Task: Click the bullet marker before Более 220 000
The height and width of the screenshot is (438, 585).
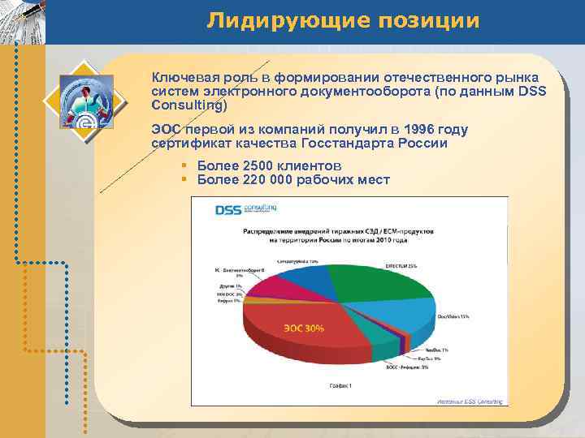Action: click(184, 179)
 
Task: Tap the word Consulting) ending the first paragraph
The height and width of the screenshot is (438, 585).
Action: click(189, 105)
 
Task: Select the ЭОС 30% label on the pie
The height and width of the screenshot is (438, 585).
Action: click(303, 328)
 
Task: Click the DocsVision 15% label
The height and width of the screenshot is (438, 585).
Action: click(453, 316)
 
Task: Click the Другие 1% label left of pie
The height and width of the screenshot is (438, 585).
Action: click(230, 286)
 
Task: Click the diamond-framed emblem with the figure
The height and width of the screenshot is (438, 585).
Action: click(84, 99)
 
